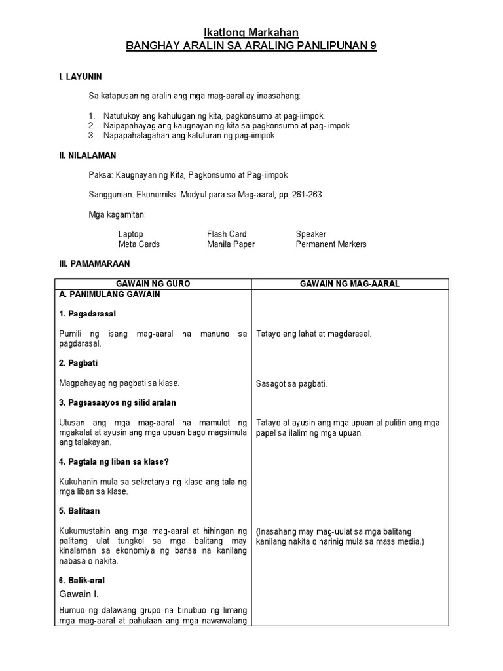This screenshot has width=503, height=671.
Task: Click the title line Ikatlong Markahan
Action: tap(251, 33)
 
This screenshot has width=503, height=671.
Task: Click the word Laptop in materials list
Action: tap(130, 234)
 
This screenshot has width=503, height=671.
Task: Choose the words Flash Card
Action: tap(227, 234)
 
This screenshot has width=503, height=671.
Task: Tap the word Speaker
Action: tap(310, 234)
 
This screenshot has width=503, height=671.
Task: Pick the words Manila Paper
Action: tap(231, 244)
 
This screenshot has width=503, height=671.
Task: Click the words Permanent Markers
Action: tap(331, 244)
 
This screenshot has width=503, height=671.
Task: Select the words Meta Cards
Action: tap(139, 244)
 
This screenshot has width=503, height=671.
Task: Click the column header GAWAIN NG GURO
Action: tap(153, 284)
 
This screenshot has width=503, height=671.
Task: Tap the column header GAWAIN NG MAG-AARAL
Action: tap(350, 284)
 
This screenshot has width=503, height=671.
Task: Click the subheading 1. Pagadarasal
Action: tap(88, 314)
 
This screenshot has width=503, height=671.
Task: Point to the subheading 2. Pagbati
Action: tap(78, 363)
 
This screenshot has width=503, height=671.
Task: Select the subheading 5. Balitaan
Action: tap(79, 510)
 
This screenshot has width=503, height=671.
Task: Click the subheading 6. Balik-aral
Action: tap(82, 580)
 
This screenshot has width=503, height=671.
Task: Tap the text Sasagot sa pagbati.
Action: tap(291, 383)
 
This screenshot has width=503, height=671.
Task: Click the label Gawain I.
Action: tap(78, 594)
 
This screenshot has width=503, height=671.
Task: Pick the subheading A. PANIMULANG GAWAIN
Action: tap(109, 294)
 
